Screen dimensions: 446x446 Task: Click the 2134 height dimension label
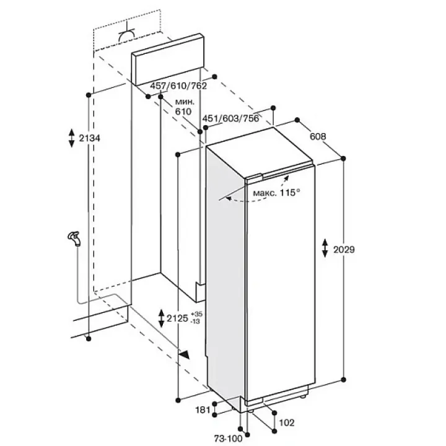90,138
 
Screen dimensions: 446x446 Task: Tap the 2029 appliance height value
344,250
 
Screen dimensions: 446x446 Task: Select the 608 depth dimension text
318,136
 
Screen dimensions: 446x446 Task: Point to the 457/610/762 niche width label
178,85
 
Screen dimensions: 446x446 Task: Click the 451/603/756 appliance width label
230,118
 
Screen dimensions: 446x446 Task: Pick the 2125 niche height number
178,318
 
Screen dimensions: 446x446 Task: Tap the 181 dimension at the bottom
203,410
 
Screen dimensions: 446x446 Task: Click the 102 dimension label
287,422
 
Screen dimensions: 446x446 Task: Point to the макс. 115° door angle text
276,193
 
